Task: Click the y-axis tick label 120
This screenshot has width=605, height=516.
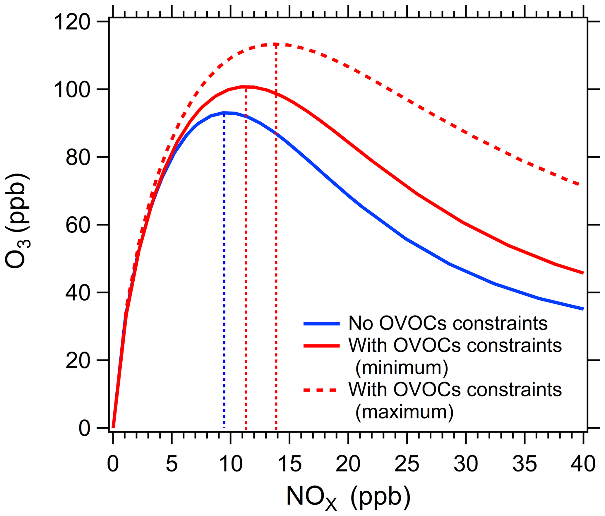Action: (x=72, y=22)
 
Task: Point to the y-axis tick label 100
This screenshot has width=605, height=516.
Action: (x=72, y=90)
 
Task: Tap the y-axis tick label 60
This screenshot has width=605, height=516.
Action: (x=77, y=225)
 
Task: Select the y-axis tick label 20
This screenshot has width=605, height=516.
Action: (x=77, y=361)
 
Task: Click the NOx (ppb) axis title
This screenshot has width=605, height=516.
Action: (x=348, y=497)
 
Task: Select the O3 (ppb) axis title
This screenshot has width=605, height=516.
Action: (x=18, y=221)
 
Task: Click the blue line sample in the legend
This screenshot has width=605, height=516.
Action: (x=322, y=324)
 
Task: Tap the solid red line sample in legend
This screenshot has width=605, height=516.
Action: (x=322, y=346)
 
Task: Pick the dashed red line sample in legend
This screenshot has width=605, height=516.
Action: (x=322, y=390)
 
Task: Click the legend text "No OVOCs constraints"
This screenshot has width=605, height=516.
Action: (x=448, y=323)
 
